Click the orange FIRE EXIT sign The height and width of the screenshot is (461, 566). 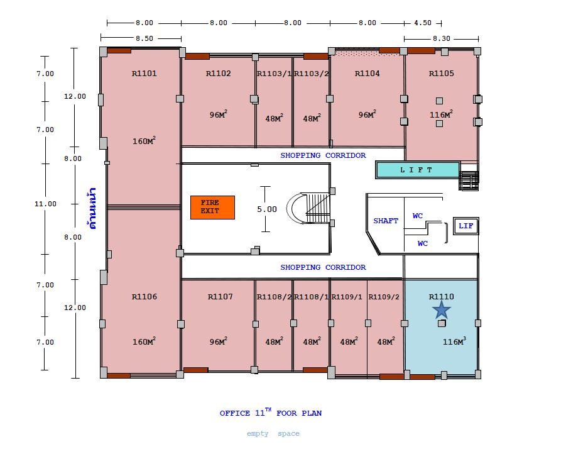(x=212, y=208)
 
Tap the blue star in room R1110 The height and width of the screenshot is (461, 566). (x=442, y=310)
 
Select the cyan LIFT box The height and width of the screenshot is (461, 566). (x=418, y=170)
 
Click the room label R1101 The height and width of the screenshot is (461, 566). (x=144, y=74)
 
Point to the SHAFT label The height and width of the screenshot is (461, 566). (x=386, y=221)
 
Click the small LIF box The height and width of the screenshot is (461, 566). (x=465, y=226)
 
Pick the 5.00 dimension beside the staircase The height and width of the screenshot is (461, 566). (x=267, y=209)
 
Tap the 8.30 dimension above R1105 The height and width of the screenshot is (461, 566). (x=442, y=38)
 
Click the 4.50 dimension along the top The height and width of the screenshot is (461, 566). (x=423, y=23)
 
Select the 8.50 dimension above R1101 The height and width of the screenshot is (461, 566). (x=144, y=38)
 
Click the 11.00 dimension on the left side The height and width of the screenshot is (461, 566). (x=45, y=204)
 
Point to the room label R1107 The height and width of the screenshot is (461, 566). (x=220, y=297)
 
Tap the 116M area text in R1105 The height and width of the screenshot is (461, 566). (x=441, y=114)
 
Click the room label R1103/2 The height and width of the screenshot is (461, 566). (x=312, y=74)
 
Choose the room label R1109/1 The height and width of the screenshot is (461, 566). (x=347, y=297)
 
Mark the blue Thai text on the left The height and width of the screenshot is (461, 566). (x=92, y=208)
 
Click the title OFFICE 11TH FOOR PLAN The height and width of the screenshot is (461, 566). (x=271, y=412)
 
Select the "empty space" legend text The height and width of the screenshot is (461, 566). (x=273, y=433)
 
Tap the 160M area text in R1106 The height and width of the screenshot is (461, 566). (x=144, y=341)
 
